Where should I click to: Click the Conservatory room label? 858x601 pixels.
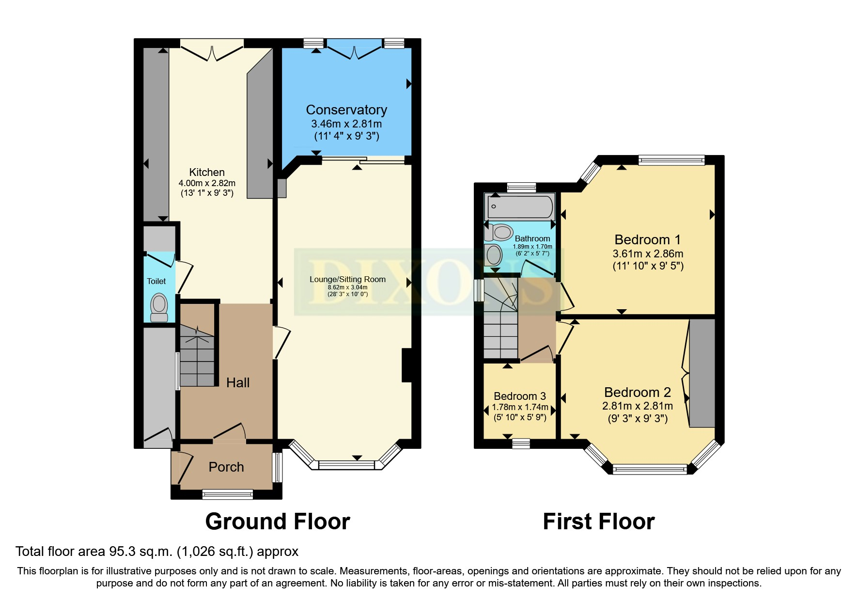346,110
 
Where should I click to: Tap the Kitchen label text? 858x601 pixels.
207,172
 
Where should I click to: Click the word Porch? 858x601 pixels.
226,467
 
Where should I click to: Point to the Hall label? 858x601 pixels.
238,382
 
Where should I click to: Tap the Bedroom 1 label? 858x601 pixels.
648,239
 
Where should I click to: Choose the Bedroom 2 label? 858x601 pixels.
638,392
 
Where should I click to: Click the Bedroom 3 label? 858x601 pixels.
520,396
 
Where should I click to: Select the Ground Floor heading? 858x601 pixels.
278,522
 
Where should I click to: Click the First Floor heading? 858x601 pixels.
599,522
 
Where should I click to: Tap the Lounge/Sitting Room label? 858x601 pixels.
348,279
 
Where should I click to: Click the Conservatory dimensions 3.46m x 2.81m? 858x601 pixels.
346,124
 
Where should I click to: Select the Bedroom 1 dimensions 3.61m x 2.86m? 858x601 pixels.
648,253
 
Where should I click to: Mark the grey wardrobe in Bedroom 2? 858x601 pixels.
702,373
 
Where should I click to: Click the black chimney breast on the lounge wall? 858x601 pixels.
406,365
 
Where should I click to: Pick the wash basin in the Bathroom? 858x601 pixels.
494,255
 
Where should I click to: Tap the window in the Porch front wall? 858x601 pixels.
228,494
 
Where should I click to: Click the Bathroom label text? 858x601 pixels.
532,238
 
